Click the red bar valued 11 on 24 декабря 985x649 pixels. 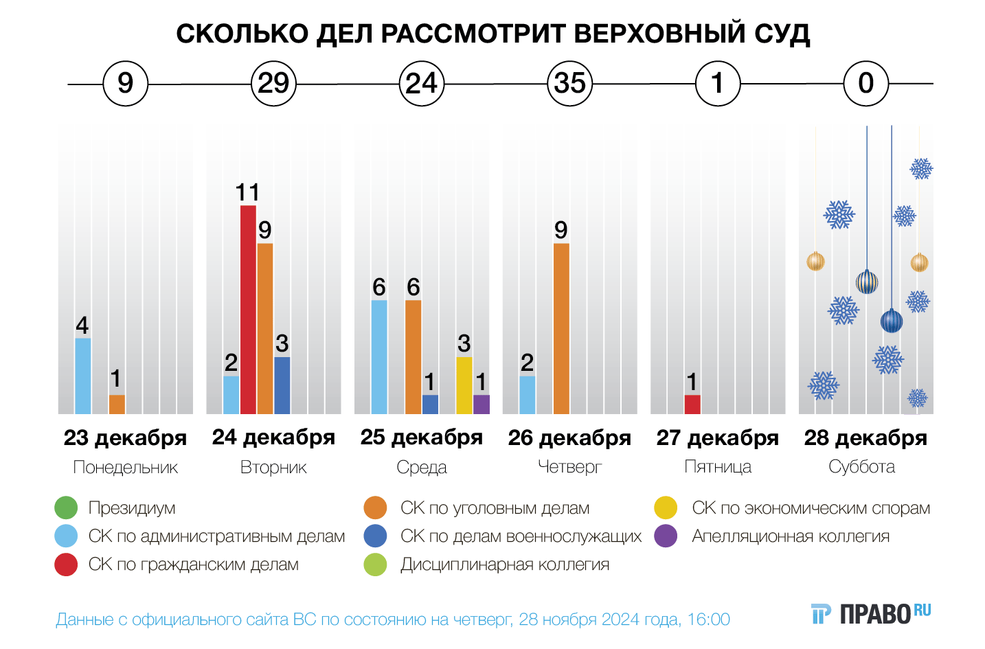click(248, 309)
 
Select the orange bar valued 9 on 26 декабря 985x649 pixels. click(561, 328)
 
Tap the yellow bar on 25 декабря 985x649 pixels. click(464, 385)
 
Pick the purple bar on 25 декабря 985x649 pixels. click(482, 405)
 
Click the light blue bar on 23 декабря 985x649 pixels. click(82, 376)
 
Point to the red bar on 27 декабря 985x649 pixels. click(692, 405)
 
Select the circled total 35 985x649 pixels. click(570, 84)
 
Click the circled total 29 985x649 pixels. click(273, 84)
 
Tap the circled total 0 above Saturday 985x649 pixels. click(866, 84)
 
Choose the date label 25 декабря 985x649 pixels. click(422, 437)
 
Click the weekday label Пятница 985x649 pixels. click(718, 467)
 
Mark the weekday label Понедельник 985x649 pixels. click(126, 468)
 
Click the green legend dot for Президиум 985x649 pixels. click(66, 508)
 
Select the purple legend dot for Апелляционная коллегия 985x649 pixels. click(666, 536)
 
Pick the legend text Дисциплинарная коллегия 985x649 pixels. click(505, 565)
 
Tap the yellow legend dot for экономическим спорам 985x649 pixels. click(666, 508)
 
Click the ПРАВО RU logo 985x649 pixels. click(872, 613)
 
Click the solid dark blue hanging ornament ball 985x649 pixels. click(892, 321)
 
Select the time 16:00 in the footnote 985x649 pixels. click(708, 619)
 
